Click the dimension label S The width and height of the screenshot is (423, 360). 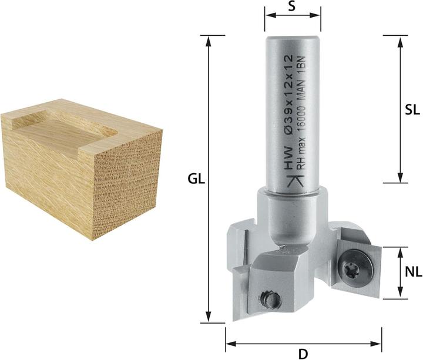(x=293, y=7)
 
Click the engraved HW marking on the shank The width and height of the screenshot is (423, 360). (x=288, y=167)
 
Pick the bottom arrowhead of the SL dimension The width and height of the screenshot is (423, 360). (x=399, y=177)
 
